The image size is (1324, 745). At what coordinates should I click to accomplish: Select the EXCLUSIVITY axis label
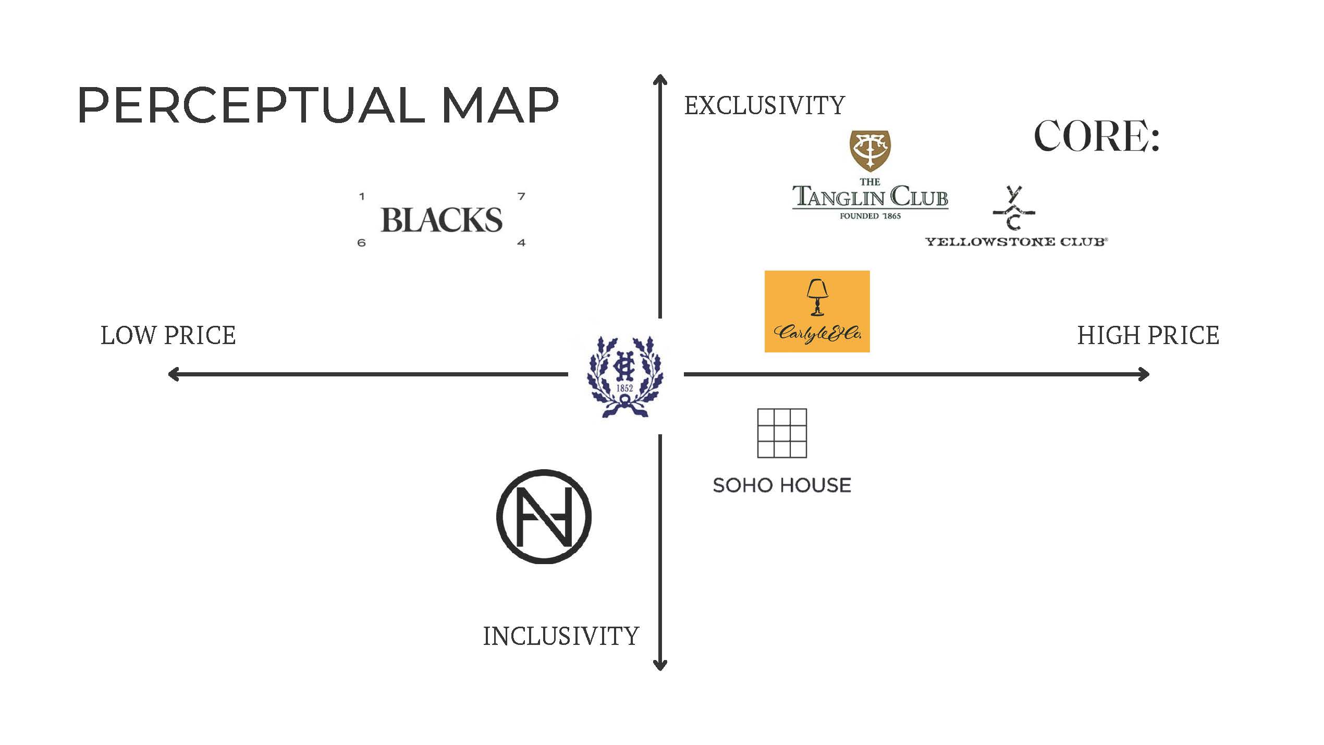point(764,106)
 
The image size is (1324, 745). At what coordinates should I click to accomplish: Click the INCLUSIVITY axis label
point(561,636)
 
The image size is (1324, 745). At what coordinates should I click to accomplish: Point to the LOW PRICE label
point(168,335)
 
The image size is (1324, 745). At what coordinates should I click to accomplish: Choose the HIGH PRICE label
point(1148,335)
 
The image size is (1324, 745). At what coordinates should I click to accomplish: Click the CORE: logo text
point(1097,136)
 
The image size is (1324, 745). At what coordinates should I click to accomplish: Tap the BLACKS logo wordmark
point(442,220)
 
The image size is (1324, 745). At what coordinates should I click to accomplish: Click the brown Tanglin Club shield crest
point(870,150)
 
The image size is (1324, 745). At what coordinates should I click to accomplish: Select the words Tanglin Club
point(870,197)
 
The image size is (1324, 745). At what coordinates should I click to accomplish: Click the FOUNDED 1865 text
point(870,216)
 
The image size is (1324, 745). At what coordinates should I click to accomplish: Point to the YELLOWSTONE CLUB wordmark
point(1016,242)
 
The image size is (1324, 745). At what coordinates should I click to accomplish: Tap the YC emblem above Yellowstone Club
point(1013,209)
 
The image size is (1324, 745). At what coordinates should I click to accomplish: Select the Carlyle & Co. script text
point(817,333)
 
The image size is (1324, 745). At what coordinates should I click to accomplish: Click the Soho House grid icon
point(782,433)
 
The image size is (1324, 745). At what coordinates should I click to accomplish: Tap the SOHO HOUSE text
point(782,485)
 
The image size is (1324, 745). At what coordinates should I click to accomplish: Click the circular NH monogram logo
point(544,517)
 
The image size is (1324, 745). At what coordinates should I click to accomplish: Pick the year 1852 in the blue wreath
point(624,388)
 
